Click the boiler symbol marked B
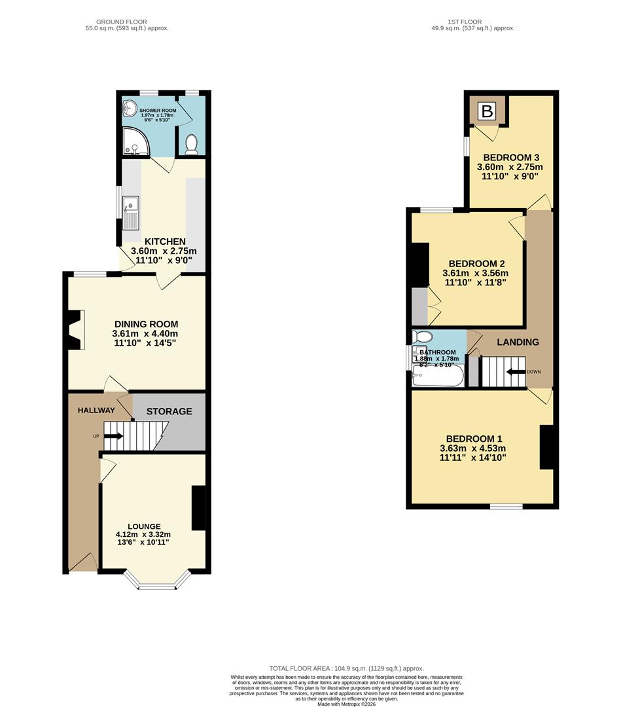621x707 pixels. point(487,111)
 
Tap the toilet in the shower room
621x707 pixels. point(192,145)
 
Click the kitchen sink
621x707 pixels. point(131,213)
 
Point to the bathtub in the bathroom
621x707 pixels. point(438,376)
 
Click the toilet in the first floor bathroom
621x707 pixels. point(422,337)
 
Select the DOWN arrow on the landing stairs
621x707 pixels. point(517,372)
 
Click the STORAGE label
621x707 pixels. point(169,411)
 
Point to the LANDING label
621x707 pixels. point(518,342)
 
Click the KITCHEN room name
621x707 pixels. point(165,242)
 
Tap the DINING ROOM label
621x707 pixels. point(146,324)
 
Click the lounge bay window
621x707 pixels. point(157,584)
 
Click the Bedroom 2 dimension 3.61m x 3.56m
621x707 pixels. point(476,274)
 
